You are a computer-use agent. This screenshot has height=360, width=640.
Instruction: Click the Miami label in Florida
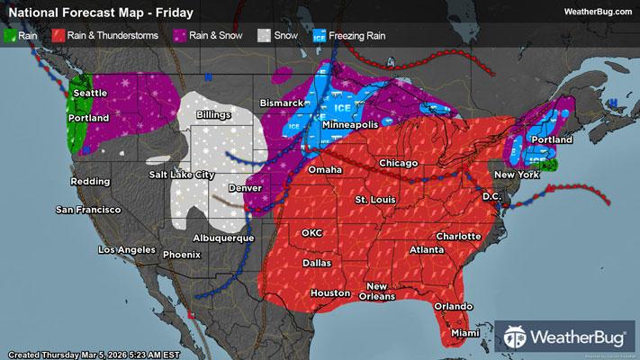[465, 333]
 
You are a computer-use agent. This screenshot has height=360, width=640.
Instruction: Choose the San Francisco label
[88, 210]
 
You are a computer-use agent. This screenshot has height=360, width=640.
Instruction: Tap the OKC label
[311, 232]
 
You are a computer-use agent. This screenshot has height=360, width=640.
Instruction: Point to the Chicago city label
[399, 162]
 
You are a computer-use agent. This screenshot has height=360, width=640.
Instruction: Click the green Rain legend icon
[12, 37]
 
